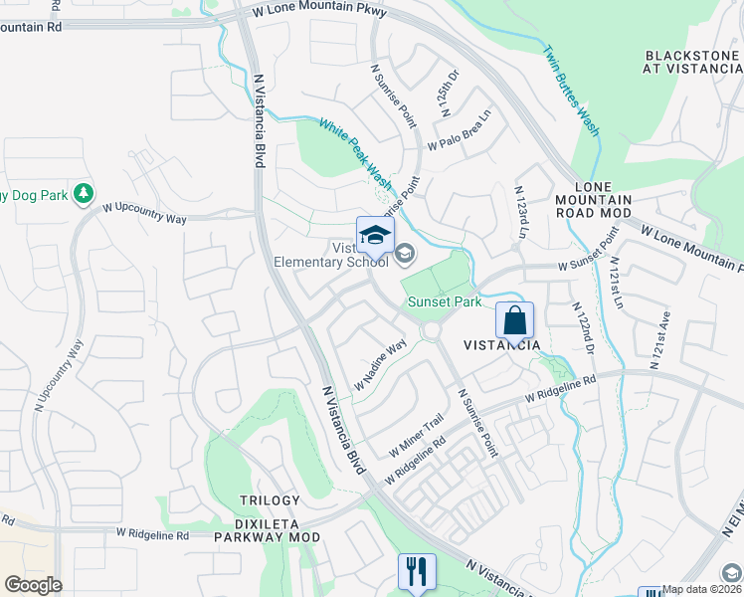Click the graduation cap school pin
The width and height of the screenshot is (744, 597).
[375, 235]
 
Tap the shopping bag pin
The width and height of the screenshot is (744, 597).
[514, 321]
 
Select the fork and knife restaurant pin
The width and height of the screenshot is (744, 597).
[417, 571]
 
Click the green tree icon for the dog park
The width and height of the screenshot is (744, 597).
[86, 193]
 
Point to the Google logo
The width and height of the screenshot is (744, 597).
[34, 585]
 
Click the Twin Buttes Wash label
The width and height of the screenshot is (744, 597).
[571, 91]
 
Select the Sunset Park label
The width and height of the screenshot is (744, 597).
[443, 301]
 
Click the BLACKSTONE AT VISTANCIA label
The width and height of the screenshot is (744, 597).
[692, 63]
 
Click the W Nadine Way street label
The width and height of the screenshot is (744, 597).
[381, 365]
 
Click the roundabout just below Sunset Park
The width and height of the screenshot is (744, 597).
[432, 330]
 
